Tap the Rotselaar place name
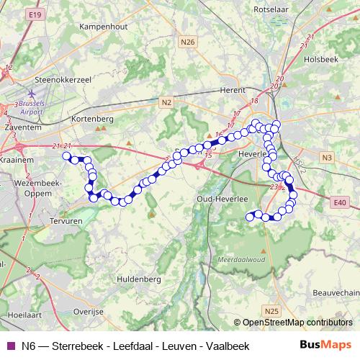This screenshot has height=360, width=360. click(272, 10)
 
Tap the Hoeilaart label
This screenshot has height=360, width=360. click(22, 315)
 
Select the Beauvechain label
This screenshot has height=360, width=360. click(336, 292)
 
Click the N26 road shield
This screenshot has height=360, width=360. click(189, 42)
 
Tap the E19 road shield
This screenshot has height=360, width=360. click(33, 14)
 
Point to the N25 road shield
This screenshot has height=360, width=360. click(271, 310)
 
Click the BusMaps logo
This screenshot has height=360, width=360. click(326, 346)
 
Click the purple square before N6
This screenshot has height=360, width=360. click(9, 346)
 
